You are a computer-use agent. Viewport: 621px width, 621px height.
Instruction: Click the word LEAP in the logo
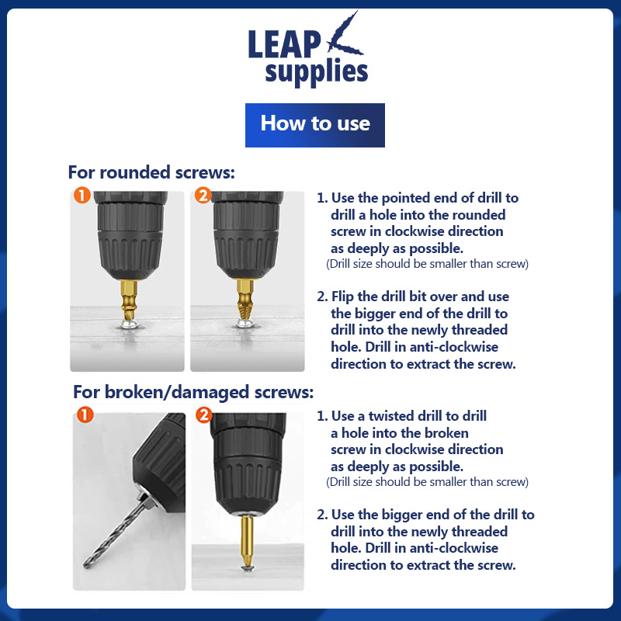[284, 44]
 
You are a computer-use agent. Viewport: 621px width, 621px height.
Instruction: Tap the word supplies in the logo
[317, 72]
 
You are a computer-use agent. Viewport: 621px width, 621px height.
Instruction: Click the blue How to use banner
[315, 125]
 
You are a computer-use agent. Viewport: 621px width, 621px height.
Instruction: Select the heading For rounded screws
[151, 172]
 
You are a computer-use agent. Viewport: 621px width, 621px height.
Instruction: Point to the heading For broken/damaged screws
[193, 393]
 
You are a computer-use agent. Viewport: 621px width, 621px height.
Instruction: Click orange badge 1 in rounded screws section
[82, 196]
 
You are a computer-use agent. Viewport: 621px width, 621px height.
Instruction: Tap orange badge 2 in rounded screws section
[203, 196]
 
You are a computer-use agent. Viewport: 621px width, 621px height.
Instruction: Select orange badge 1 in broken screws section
[85, 415]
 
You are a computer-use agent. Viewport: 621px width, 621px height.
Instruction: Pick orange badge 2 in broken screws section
[204, 415]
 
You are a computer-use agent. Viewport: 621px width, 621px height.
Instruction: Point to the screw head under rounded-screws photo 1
[130, 325]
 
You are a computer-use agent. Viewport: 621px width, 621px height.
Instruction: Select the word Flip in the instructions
[342, 297]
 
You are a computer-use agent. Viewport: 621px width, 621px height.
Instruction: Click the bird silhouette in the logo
[344, 35]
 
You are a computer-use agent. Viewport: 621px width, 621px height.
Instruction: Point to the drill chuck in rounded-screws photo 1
[130, 235]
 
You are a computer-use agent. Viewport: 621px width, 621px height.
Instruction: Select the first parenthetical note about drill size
[428, 264]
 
